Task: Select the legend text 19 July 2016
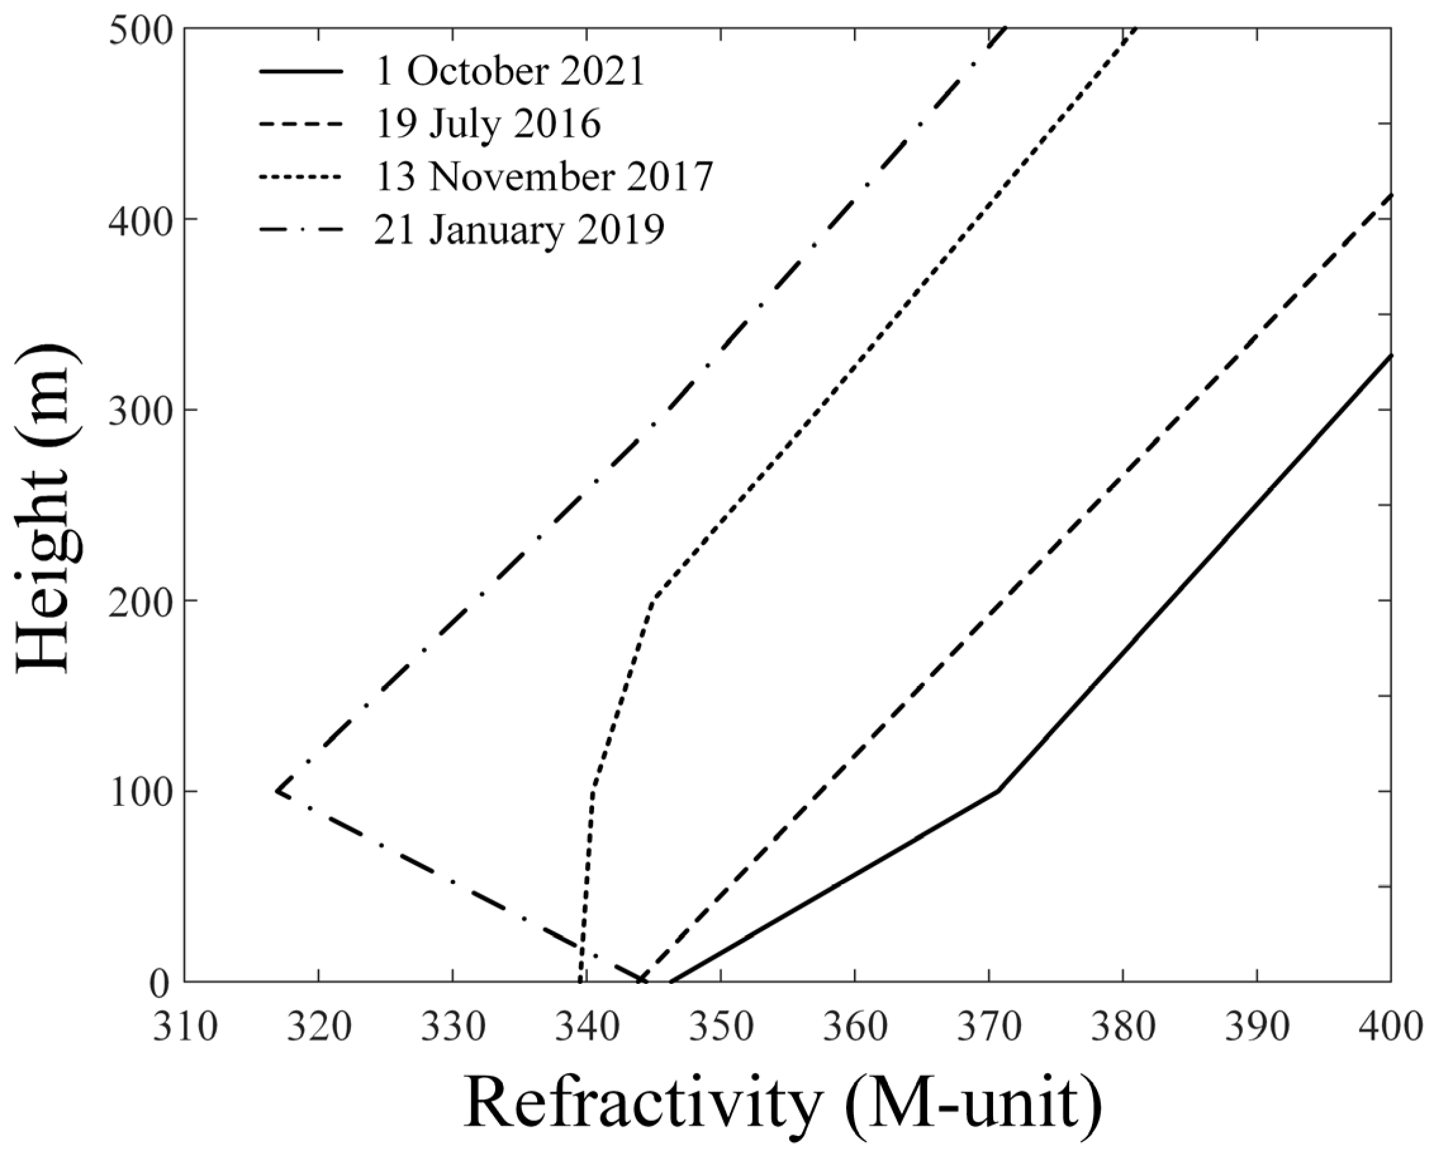pyautogui.click(x=488, y=124)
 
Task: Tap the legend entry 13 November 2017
pyautogui.click(x=544, y=177)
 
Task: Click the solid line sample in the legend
pyautogui.click(x=301, y=71)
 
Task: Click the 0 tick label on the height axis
pyautogui.click(x=160, y=983)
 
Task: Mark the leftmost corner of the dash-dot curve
pyautogui.click(x=277, y=791)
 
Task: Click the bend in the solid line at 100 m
pyautogui.click(x=997, y=791)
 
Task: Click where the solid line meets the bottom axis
pyautogui.click(x=670, y=981)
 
